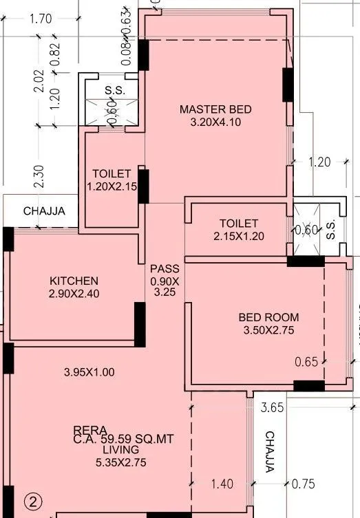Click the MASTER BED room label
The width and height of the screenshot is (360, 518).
[x=215, y=109]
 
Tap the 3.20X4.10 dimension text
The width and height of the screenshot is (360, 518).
[x=215, y=122]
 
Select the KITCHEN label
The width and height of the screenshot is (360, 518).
[x=74, y=281]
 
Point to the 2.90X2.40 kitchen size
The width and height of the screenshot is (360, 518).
[x=74, y=294]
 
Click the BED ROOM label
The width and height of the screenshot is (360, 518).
[x=268, y=317]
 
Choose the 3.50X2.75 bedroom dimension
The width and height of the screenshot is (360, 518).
[x=268, y=330]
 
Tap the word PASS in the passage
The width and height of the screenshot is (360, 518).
[x=164, y=269]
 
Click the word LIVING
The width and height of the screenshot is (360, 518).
[x=123, y=450]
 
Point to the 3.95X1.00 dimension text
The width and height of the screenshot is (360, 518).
[x=89, y=372]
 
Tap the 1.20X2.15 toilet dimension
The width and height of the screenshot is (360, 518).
[x=112, y=186]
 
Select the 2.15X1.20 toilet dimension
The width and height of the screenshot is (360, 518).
[x=239, y=236]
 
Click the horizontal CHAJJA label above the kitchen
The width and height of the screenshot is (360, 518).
[x=44, y=211]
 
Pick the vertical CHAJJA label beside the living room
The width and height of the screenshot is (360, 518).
[x=270, y=452]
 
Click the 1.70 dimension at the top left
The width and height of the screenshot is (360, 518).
[x=41, y=19]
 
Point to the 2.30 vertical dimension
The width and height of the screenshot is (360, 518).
[x=39, y=175]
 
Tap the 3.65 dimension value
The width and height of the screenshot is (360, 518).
[x=273, y=409]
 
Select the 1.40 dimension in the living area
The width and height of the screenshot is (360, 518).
[x=222, y=484]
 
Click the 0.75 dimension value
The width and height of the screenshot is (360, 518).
[x=304, y=484]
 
